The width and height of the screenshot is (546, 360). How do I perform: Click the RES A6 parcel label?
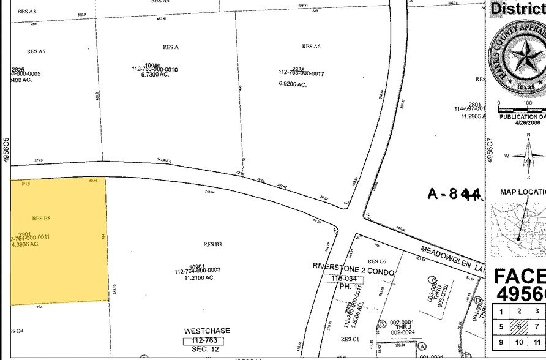[311, 47]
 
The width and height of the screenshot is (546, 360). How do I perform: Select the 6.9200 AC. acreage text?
[293, 84]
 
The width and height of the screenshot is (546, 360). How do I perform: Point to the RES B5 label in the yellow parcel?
[42, 218]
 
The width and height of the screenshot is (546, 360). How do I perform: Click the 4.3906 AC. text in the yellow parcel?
[26, 244]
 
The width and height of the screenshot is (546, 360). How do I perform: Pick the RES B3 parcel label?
[212, 244]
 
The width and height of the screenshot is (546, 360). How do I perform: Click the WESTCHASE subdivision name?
[207, 331]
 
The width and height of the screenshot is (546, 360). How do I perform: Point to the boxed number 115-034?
[343, 279]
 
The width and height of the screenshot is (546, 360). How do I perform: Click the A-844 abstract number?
[455, 194]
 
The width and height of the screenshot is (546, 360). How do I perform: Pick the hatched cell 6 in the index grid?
[519, 327]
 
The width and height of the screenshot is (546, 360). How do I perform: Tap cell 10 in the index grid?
[519, 342]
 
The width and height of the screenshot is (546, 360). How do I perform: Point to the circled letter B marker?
[381, 324]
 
